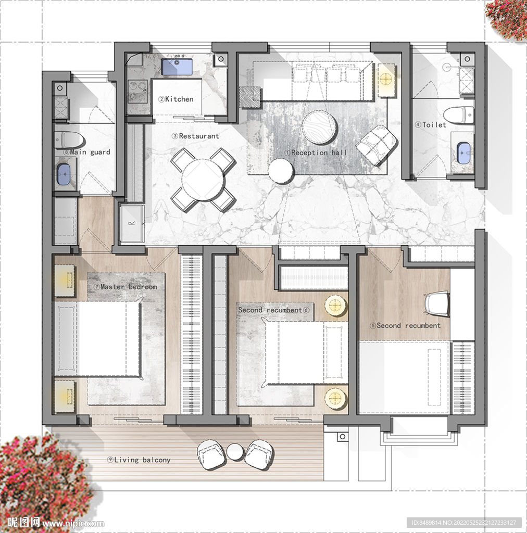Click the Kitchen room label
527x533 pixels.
point(175,99)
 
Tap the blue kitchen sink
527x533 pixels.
point(177,67)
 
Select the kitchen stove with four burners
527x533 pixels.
point(137,92)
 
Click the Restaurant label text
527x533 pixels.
point(195,136)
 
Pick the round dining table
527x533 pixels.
point(203,180)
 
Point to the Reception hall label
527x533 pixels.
point(316,153)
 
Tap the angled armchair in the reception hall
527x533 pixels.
point(377,145)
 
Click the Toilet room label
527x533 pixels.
point(431,125)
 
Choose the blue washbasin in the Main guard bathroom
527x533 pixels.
point(63,174)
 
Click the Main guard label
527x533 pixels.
point(86,153)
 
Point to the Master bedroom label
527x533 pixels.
point(125,287)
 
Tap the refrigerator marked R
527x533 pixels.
point(132,223)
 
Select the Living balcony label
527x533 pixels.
point(139,460)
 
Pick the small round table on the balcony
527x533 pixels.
point(235,452)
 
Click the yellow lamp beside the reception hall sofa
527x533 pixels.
point(386,80)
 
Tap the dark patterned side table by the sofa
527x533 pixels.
point(250,97)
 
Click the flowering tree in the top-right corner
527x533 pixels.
point(507,20)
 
